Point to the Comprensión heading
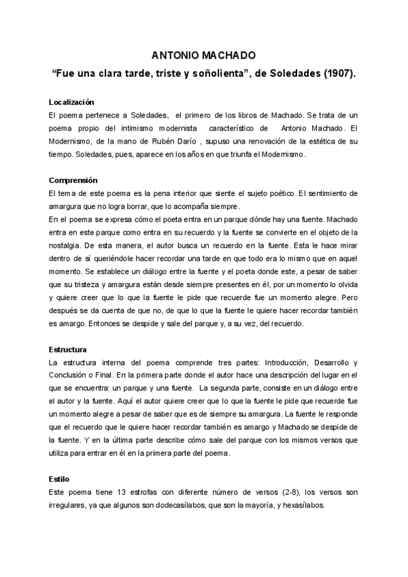73,180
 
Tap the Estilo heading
58,479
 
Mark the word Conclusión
69,376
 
